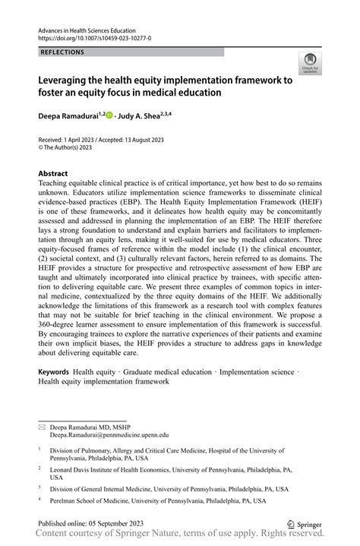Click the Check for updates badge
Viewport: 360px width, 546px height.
click(x=309, y=65)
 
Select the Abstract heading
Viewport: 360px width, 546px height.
click(x=53, y=174)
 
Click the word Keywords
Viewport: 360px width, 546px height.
click(x=55, y=372)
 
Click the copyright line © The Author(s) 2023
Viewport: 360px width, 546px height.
click(x=74, y=150)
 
